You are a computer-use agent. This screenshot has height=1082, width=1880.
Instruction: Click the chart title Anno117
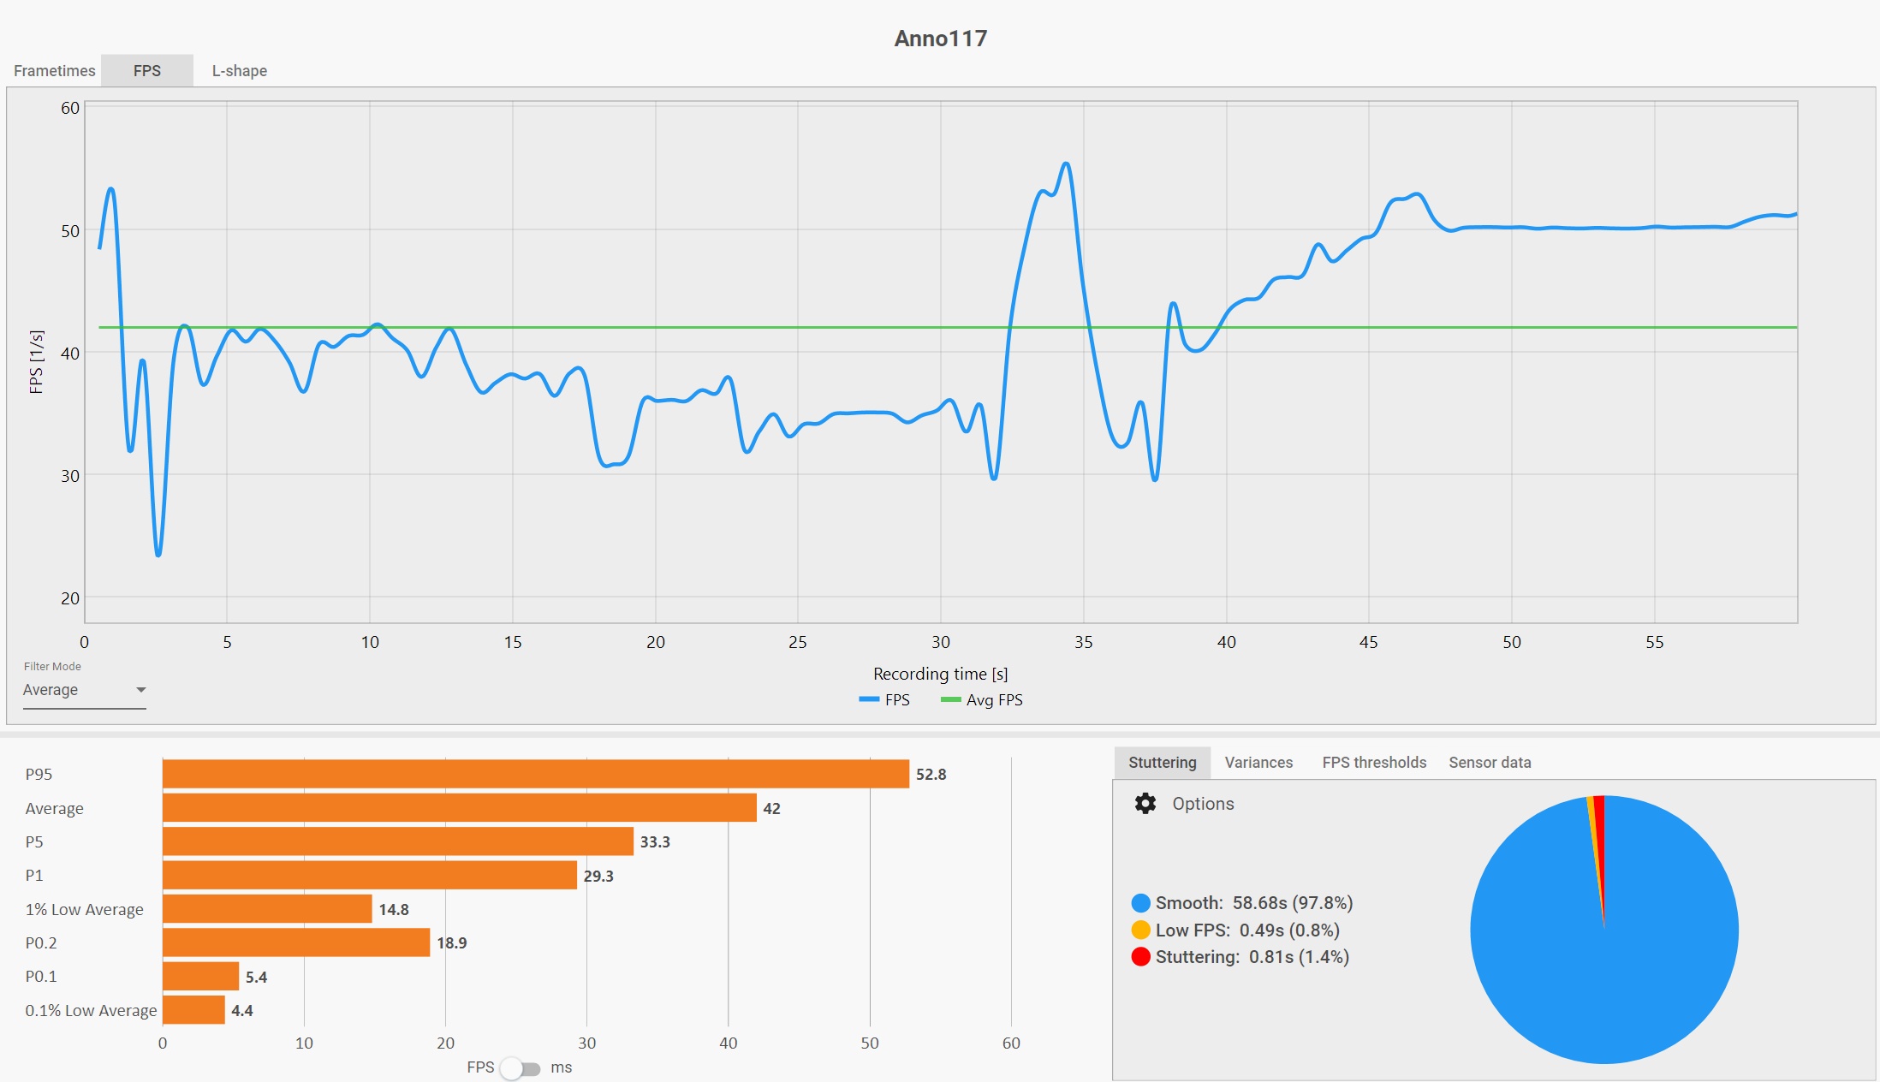click(940, 39)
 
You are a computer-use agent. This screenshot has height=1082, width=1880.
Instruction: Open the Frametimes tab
click(54, 71)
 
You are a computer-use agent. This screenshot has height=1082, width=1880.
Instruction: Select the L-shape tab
click(239, 71)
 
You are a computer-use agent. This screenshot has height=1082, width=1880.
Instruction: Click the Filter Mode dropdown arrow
click(141, 690)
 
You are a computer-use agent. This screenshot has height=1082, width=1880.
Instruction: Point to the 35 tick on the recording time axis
click(1083, 642)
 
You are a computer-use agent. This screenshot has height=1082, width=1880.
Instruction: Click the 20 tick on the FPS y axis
click(70, 598)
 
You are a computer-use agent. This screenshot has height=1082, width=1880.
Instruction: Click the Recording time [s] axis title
click(940, 674)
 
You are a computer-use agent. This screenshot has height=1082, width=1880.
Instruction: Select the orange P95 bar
click(535, 774)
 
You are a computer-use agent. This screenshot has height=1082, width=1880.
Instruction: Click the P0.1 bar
click(200, 976)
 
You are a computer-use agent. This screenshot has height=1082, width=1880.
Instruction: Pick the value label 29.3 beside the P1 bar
click(598, 876)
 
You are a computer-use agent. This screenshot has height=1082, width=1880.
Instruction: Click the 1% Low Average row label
click(84, 909)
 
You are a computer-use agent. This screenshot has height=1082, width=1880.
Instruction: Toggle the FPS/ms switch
click(521, 1068)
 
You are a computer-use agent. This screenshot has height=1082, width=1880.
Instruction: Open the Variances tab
click(1258, 763)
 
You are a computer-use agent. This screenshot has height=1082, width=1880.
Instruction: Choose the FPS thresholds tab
click(1374, 763)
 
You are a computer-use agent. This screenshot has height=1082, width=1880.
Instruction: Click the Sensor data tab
click(1490, 763)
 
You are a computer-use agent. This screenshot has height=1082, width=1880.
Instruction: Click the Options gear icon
click(1145, 804)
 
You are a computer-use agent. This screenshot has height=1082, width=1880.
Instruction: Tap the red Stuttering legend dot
click(1140, 957)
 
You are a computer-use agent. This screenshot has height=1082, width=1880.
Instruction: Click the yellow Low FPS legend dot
click(1140, 930)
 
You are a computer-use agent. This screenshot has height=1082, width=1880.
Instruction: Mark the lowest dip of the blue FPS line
click(158, 554)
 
